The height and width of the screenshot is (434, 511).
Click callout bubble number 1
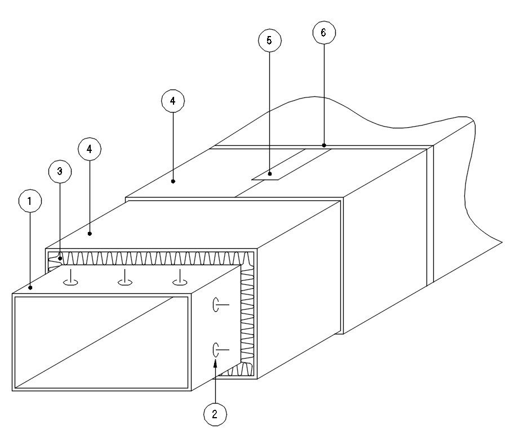[x=30, y=201]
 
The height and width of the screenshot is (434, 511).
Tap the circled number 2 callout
[x=215, y=415]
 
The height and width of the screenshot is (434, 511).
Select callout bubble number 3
[x=60, y=172]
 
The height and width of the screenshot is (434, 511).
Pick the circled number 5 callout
[x=269, y=41]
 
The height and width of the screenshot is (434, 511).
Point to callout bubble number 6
[x=323, y=33]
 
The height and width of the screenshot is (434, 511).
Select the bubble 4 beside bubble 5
[x=172, y=101]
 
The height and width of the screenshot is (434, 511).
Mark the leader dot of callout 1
[x=30, y=288]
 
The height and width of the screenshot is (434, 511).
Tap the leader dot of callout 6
[x=324, y=145]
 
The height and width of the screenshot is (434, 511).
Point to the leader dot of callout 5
[x=270, y=174]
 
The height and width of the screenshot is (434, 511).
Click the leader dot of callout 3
[x=60, y=258]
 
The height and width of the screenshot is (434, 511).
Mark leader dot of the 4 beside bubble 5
[x=173, y=181]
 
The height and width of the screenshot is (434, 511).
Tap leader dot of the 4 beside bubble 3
[x=90, y=233]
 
